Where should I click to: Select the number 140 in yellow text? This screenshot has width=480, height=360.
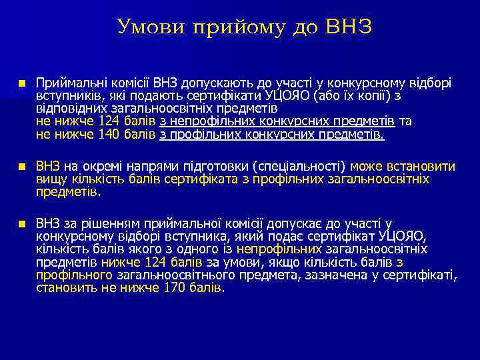point(111,135)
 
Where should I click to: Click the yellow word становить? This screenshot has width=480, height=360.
point(61,288)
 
